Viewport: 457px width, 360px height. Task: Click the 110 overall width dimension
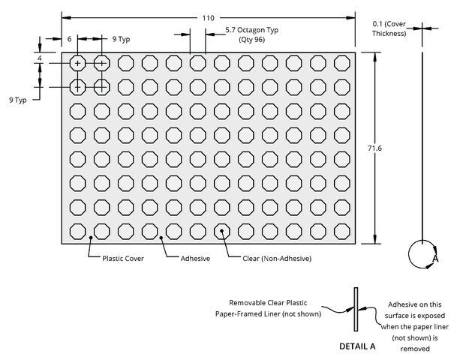click(x=208, y=18)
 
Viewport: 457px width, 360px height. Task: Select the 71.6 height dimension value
click(x=374, y=148)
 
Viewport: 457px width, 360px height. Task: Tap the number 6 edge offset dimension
click(x=69, y=39)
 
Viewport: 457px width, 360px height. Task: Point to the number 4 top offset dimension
click(x=40, y=58)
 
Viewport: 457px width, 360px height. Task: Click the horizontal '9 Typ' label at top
click(x=122, y=39)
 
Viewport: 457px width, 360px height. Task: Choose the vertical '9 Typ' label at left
click(x=18, y=100)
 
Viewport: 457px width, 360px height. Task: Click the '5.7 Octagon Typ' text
click(x=252, y=30)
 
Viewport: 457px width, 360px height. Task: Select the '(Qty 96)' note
click(x=252, y=39)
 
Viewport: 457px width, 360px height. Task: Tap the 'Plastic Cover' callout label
click(x=123, y=258)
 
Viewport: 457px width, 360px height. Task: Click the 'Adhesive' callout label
click(x=195, y=258)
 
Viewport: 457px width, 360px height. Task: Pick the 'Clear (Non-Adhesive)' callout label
click(x=277, y=258)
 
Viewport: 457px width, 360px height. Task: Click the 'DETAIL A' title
click(x=357, y=346)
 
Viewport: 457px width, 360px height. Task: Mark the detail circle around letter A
click(x=409, y=254)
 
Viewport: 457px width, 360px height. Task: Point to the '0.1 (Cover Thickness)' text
click(x=389, y=28)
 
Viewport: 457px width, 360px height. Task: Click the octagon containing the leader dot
click(x=222, y=231)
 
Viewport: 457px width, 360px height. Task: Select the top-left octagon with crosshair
click(x=78, y=63)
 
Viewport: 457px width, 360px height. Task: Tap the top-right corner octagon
click(x=342, y=63)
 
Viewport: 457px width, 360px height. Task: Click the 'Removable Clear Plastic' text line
click(x=268, y=303)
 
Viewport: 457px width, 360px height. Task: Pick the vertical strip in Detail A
click(x=356, y=309)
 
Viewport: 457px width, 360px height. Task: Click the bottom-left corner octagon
click(x=78, y=231)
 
